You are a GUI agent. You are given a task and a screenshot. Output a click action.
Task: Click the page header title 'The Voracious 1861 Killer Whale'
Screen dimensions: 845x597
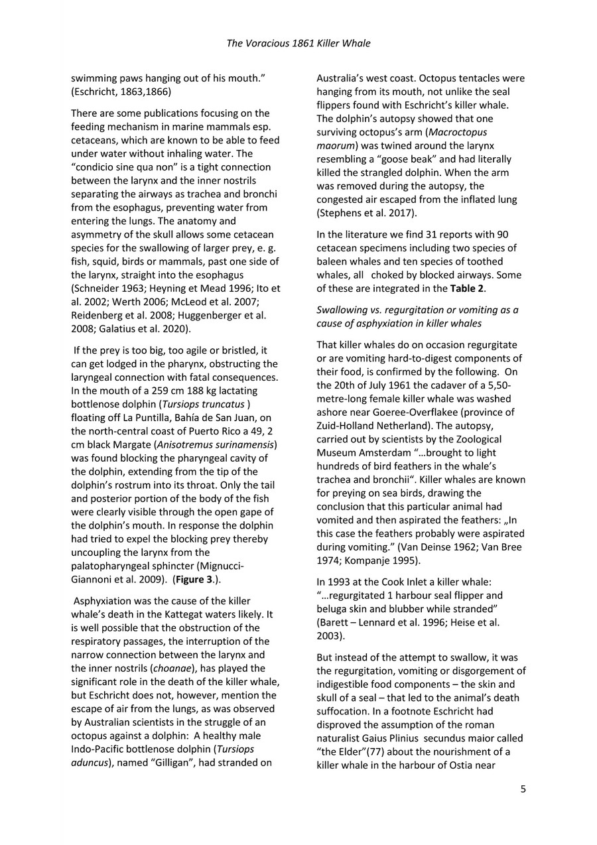coord(298,44)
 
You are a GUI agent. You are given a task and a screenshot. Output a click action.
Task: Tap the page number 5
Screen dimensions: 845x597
coord(523,789)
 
